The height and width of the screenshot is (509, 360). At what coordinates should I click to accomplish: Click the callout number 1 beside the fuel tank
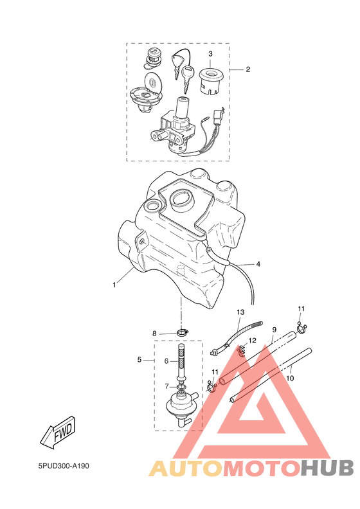[x=114, y=285]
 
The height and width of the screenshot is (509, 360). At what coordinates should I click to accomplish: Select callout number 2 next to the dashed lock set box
[x=248, y=69]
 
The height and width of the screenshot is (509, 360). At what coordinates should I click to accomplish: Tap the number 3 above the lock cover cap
[x=210, y=53]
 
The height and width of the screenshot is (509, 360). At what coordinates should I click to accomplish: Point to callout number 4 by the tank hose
[x=258, y=264]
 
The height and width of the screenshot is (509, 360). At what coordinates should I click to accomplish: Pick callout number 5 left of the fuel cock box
[x=139, y=360]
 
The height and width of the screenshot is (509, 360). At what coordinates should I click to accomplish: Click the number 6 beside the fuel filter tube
[x=166, y=361]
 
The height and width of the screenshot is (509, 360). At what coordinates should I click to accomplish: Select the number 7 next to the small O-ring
[x=166, y=386]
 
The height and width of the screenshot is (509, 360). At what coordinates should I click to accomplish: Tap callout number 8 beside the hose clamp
[x=154, y=334]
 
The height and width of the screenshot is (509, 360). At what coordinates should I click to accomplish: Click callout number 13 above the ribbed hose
[x=240, y=312]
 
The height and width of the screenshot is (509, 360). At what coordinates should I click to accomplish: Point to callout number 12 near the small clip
[x=252, y=341]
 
